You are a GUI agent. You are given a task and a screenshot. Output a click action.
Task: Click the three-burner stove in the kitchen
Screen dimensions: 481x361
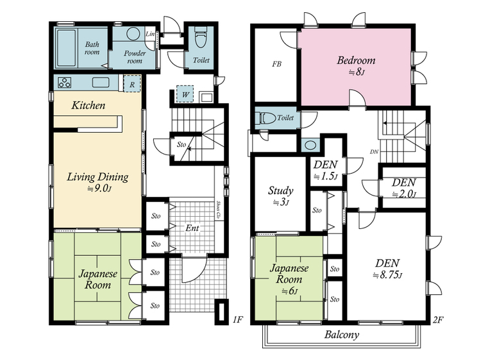pos(65,83)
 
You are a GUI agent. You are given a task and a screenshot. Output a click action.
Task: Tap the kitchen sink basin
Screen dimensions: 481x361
pos(101,82)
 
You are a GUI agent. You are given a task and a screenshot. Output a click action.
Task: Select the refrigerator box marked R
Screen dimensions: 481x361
pos(132,84)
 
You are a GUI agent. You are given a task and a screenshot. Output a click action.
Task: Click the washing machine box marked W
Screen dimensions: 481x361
pos(185,94)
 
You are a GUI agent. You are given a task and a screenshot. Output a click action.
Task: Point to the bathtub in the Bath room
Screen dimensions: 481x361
pos(67,48)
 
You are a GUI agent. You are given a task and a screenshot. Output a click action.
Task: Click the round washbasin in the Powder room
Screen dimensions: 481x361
pos(133,33)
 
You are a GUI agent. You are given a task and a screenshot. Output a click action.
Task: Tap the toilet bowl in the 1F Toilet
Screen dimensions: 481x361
pos(201,38)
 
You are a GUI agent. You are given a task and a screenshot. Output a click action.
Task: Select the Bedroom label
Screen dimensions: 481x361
pos(356,60)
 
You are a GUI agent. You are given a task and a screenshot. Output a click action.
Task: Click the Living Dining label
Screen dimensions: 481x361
pos(97,177)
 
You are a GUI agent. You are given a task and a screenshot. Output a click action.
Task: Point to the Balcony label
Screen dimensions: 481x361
pos(342,334)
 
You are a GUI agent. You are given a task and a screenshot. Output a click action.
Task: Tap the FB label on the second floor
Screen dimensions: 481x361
pos(276,64)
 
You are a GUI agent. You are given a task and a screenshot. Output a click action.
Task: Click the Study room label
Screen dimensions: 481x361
pos(281,191)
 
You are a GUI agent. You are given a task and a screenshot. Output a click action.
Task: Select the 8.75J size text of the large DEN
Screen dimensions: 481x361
pos(387,275)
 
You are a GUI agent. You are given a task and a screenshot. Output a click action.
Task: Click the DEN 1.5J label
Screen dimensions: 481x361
pos(326,171)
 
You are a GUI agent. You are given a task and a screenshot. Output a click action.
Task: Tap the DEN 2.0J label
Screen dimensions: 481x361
pos(404,188)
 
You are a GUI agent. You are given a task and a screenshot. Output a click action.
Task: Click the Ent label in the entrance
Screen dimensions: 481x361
pos(192,228)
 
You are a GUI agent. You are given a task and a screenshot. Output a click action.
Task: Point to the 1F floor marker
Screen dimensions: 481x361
pos(237,320)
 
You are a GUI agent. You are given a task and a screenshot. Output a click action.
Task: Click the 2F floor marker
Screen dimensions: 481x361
pos(438,320)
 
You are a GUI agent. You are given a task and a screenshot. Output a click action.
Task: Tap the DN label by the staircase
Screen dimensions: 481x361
pos(374,151)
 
